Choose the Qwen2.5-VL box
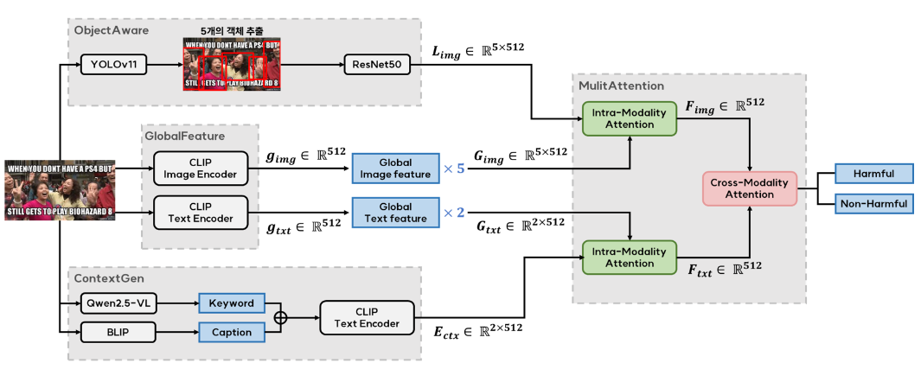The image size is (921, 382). pos(118,303)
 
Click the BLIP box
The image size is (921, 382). pos(118,332)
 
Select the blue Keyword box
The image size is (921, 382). pos(231,303)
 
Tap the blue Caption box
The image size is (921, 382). pos(231,332)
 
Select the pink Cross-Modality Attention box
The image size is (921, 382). pos(750,188)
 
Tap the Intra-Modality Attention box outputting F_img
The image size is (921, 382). pos(629,118)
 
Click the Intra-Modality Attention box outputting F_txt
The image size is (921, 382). pos(629,258)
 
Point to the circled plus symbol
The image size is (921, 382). pos(279,317)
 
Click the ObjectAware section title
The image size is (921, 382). pos(112,30)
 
